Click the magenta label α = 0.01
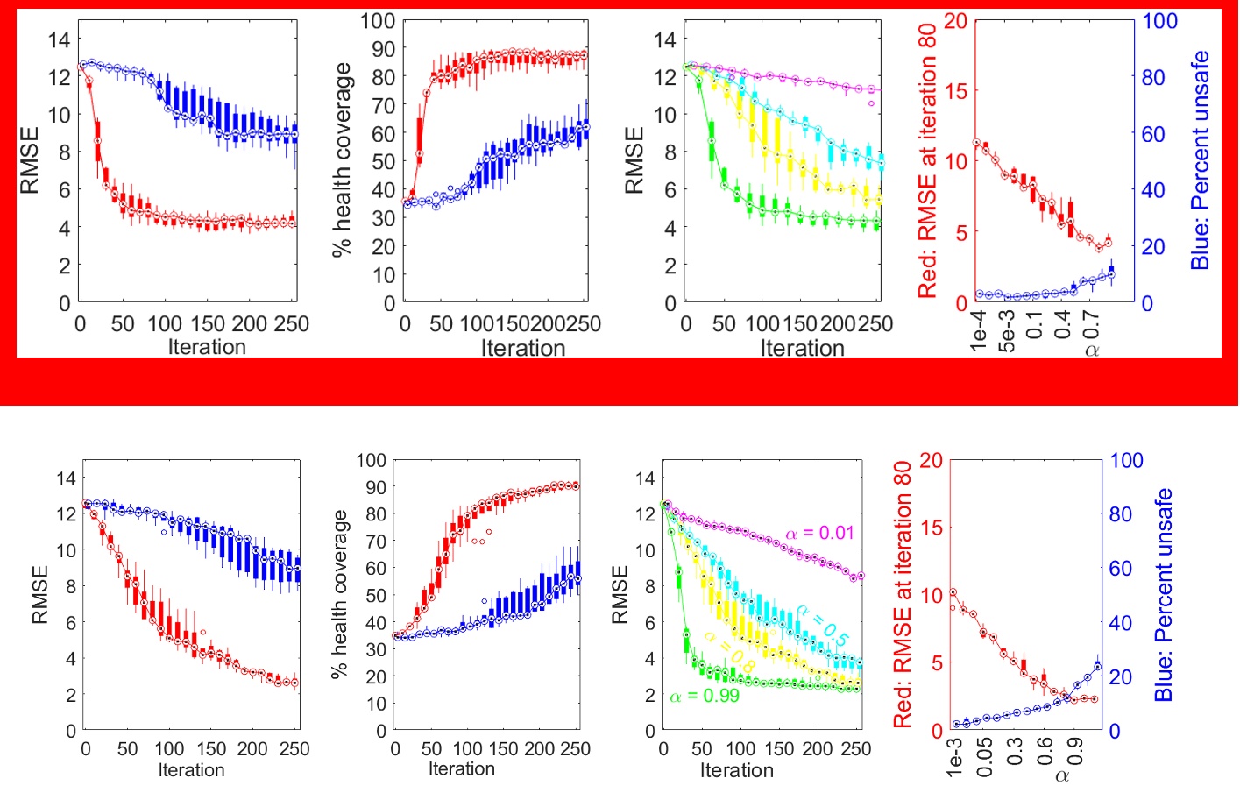(x=819, y=533)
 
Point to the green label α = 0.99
(x=705, y=696)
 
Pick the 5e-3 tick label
(x=1008, y=330)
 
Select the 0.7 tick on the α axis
(x=1091, y=323)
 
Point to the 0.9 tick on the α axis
(x=1074, y=751)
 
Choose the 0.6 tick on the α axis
(x=1045, y=751)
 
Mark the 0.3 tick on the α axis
(x=1015, y=751)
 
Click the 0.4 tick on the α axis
(x=1063, y=323)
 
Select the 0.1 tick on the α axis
(x=1035, y=323)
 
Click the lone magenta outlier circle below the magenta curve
(x=871, y=103)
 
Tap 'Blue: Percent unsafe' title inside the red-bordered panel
(x=1200, y=160)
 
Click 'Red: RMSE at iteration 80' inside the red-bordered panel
(x=927, y=160)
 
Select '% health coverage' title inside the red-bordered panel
(x=341, y=160)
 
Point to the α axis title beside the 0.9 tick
(x=1062, y=775)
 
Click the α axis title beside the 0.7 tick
(x=1092, y=351)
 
